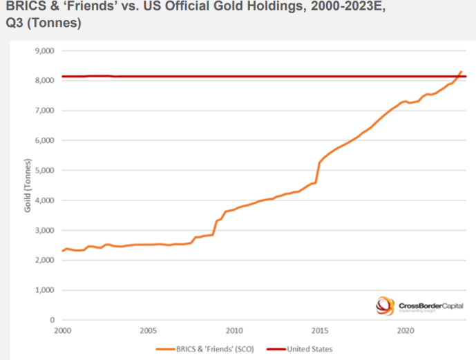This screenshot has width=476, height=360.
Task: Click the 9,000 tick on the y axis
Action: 44,50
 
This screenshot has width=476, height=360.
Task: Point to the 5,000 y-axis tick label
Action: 44,170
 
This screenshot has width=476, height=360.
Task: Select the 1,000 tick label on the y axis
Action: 44,290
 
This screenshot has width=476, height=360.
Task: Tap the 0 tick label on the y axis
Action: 51,320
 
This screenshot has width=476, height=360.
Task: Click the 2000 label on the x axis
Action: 62,331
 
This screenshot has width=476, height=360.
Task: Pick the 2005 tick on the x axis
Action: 148,331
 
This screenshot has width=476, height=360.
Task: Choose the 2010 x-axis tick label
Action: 234,331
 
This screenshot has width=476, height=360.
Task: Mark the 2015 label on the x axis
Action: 320,331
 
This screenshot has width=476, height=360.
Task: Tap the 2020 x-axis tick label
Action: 406,331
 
